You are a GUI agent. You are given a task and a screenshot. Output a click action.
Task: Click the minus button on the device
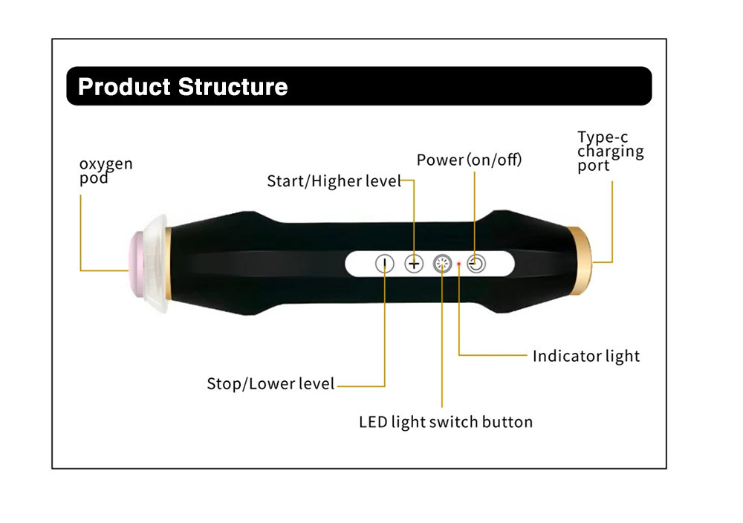point(384,263)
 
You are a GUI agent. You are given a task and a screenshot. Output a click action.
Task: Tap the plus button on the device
point(414,263)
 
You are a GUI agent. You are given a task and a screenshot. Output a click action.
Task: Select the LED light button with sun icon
point(443,263)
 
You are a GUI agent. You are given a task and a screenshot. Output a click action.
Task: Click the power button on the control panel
point(476,263)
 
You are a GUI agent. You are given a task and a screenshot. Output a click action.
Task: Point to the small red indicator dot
point(460,264)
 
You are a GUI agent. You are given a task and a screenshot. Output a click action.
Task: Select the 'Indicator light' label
point(585,356)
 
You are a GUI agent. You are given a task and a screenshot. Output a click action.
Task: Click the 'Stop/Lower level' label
point(270,384)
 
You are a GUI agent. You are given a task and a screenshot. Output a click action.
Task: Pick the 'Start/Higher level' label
point(334,181)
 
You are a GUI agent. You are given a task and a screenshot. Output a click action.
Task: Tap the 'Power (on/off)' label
point(469,160)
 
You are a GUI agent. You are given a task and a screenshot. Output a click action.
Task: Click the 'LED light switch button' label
point(446,422)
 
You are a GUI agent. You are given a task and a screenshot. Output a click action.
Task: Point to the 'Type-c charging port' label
point(610,151)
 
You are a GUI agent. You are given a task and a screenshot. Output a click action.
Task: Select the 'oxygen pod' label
point(106,170)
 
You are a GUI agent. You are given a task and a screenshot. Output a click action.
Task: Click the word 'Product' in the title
point(124,87)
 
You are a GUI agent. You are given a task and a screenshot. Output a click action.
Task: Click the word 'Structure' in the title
point(233,87)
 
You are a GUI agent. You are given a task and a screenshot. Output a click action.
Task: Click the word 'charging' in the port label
point(610,152)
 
